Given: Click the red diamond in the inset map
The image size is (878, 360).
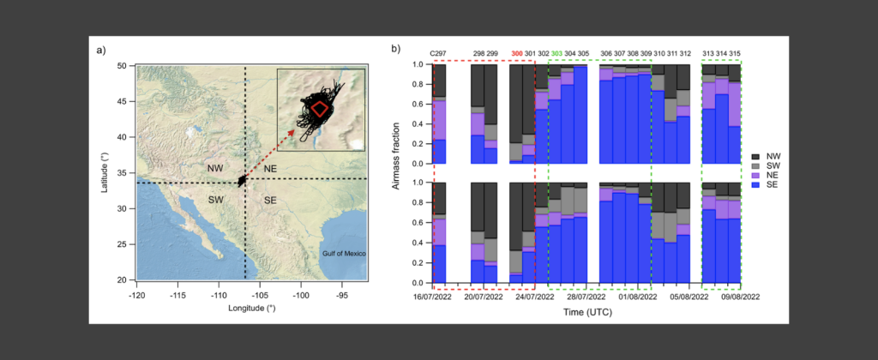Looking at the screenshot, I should [x=320, y=108].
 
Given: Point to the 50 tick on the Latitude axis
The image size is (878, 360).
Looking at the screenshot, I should [x=123, y=66].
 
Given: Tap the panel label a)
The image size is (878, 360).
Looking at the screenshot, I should [x=101, y=49].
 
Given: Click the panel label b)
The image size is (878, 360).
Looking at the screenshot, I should [x=396, y=49].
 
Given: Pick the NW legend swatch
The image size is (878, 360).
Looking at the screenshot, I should [x=759, y=156].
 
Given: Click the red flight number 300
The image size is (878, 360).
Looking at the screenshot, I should [x=517, y=54].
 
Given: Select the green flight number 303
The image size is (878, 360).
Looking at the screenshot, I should [x=556, y=54].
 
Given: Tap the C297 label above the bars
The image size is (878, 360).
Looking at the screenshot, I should [x=440, y=54].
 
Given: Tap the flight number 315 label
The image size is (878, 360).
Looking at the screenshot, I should [x=735, y=54].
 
